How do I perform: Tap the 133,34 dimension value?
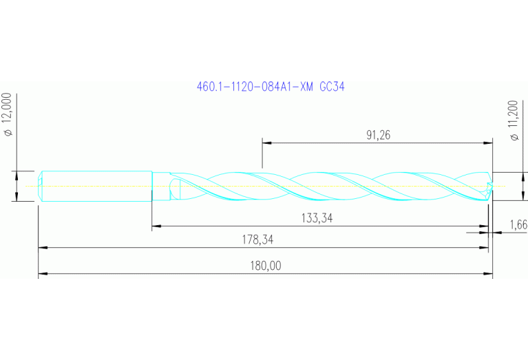coord(319,218)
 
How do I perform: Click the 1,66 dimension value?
coord(518,224)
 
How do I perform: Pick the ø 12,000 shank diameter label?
coord(9,114)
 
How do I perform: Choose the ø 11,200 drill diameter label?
coord(513,120)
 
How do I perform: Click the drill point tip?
coord(492,186)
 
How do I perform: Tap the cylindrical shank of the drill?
coord(96,186)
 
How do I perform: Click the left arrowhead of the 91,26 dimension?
coord(266,143)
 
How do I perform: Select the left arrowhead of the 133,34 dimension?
coord(156,226)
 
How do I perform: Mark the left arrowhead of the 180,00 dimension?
coord(42,274)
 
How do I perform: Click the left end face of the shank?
coord(39,186)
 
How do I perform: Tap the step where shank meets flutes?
coord(152,186)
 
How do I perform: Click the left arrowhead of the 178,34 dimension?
coord(42,247)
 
